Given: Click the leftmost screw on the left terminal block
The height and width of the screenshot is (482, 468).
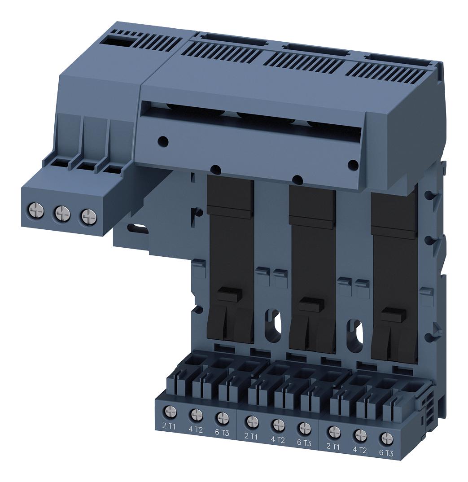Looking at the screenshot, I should tap(35, 209).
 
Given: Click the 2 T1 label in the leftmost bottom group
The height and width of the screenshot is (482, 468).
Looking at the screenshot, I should tap(168, 425).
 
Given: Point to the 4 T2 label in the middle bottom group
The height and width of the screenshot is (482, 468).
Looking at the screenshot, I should tap(277, 439).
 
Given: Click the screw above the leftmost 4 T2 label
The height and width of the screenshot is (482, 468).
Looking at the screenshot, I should tap(195, 414).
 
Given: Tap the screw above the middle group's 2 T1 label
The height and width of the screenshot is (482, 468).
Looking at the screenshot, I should tap(252, 421).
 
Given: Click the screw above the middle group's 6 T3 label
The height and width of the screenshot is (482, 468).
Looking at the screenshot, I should tap(304, 428).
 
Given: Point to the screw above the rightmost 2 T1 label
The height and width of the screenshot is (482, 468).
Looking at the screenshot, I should tap(332, 431).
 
